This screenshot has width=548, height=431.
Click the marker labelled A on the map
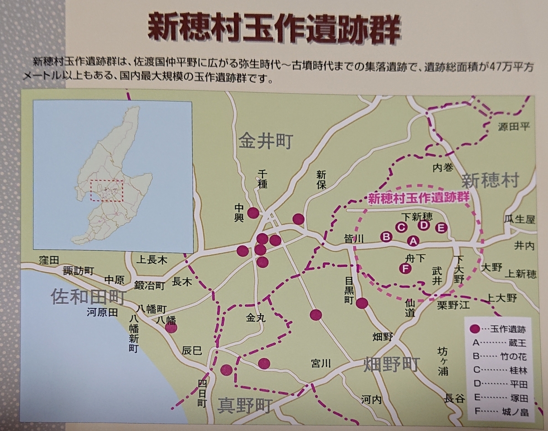point(412,240)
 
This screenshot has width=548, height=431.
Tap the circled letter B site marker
point(387,236)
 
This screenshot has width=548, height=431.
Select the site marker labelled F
point(404,269)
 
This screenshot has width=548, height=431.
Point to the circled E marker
point(441,228)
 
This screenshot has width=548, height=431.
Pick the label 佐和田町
point(87,297)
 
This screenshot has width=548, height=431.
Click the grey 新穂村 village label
point(490,181)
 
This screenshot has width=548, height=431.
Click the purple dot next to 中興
point(253,213)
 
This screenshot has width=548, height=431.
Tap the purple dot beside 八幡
point(171,327)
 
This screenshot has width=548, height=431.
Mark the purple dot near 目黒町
point(363,303)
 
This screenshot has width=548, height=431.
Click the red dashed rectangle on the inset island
point(106,191)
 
